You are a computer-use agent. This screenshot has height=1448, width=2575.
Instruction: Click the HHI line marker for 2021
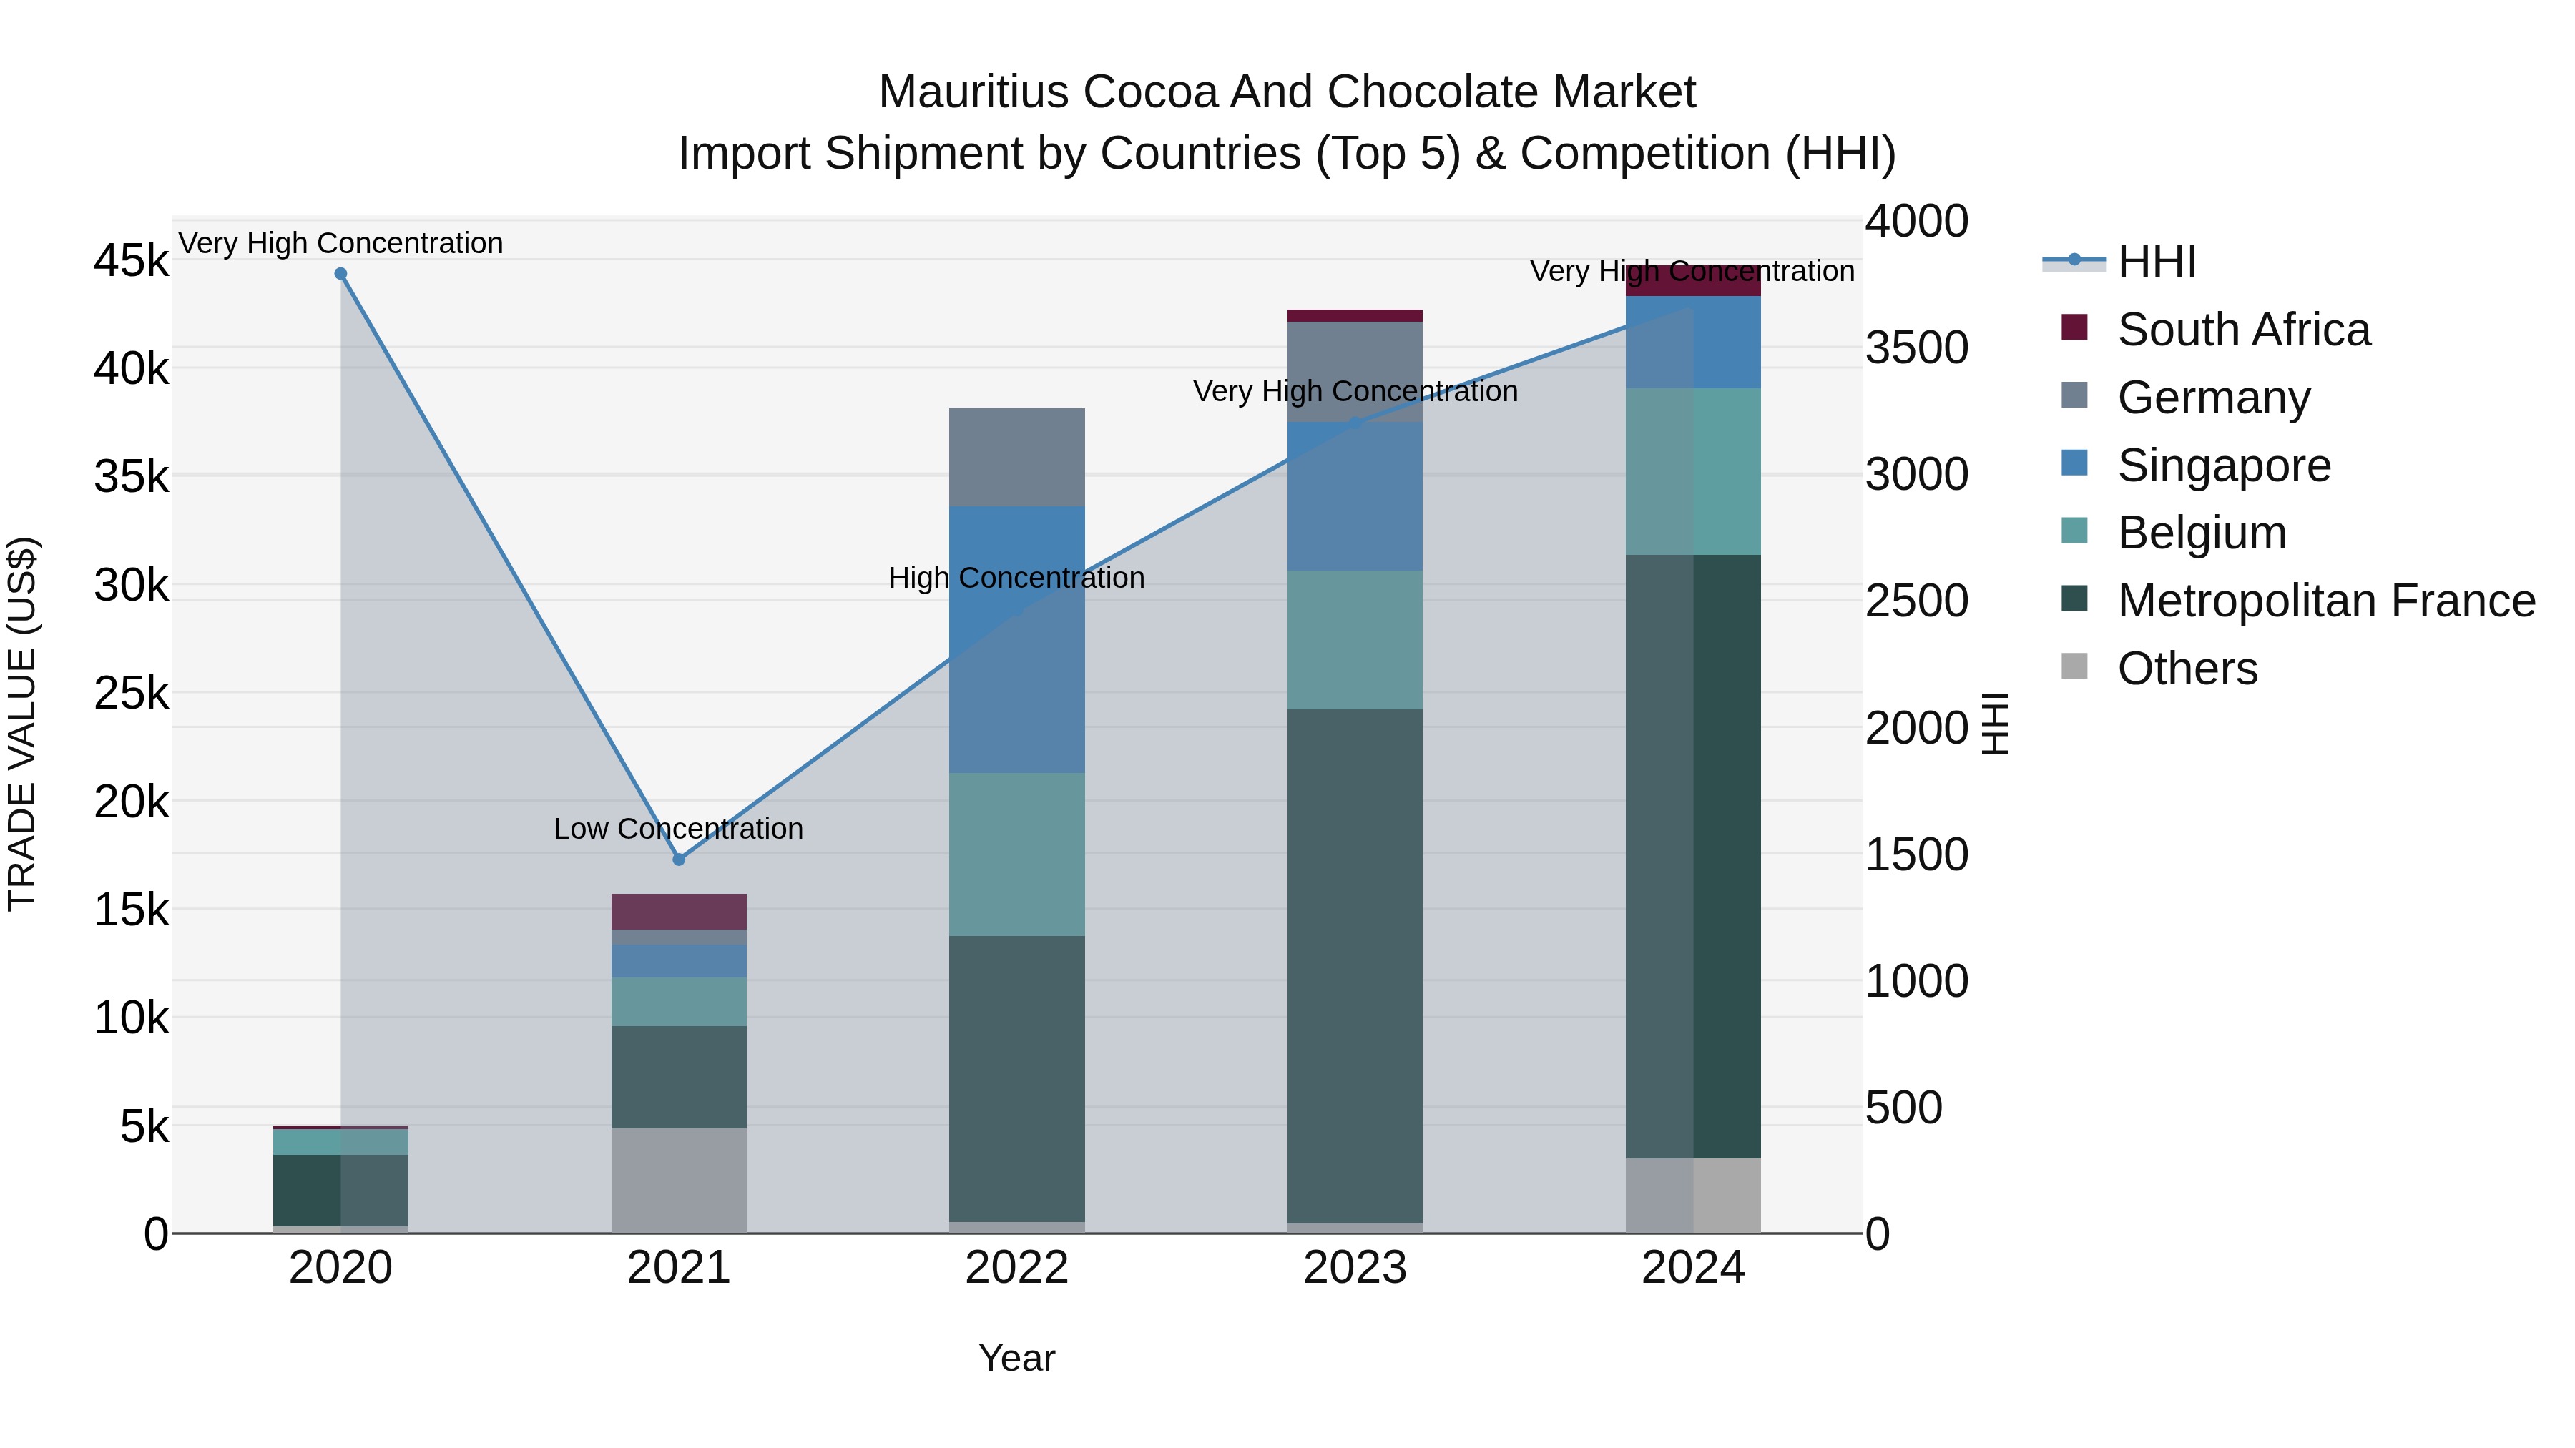click(679, 860)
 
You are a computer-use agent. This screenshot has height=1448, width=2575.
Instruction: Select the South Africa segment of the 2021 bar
click(679, 912)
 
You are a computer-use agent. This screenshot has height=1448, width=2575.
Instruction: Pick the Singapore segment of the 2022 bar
click(1016, 639)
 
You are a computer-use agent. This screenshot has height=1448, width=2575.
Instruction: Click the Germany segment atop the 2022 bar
click(1016, 458)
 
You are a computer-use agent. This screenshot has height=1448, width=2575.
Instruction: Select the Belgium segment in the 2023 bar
click(1355, 639)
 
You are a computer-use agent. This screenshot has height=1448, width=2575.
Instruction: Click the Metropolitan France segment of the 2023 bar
click(1355, 965)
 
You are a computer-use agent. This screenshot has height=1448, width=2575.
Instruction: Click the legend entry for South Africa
click(2243, 330)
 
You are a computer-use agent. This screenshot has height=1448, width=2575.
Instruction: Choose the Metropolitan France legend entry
click(2325, 601)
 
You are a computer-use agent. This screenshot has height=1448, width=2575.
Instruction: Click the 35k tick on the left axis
click(131, 477)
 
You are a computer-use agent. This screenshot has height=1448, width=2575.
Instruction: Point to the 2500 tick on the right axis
click(1916, 601)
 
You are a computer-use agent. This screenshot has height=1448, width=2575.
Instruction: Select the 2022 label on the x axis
click(1016, 1268)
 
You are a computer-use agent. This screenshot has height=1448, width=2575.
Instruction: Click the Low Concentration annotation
click(679, 829)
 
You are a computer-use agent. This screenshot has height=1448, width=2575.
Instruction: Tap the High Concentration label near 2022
click(1016, 578)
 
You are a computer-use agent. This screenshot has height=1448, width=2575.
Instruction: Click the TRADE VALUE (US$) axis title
click(22, 724)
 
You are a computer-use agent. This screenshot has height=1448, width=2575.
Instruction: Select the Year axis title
click(1016, 1358)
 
